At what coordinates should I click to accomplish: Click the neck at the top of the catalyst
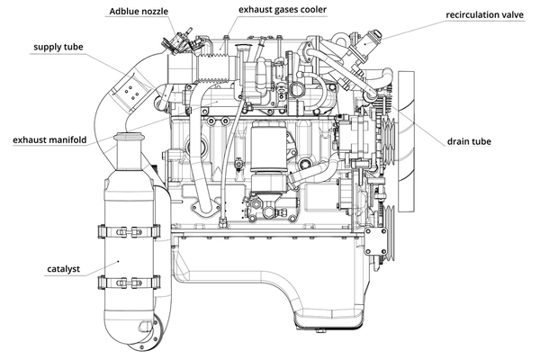click(127, 144)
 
